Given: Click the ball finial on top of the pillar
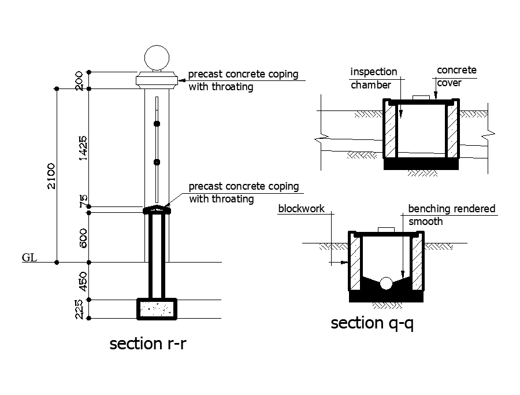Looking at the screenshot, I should pos(157,57).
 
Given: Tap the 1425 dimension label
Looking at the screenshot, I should pos(83,148).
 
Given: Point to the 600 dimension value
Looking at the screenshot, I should pos(83,238).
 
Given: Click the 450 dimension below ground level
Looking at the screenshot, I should pos(83,281).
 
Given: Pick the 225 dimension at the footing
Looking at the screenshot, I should pos(80,309).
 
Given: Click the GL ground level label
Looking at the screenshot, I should pos(29,257).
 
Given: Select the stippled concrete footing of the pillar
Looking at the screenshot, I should pos(157,309).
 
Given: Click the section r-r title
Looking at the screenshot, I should pos(148,344).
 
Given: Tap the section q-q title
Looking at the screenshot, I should pos(372,323).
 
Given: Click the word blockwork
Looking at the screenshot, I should pos(301,209).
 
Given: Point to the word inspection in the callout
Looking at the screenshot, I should pos(374,72).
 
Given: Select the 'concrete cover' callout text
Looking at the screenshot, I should pos(456,76).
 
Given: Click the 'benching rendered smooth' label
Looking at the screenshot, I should pos(451,215).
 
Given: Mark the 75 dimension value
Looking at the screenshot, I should pos(83,201).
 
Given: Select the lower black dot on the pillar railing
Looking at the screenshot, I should pos(157,163).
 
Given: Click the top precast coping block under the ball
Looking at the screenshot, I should pos(157,80).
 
